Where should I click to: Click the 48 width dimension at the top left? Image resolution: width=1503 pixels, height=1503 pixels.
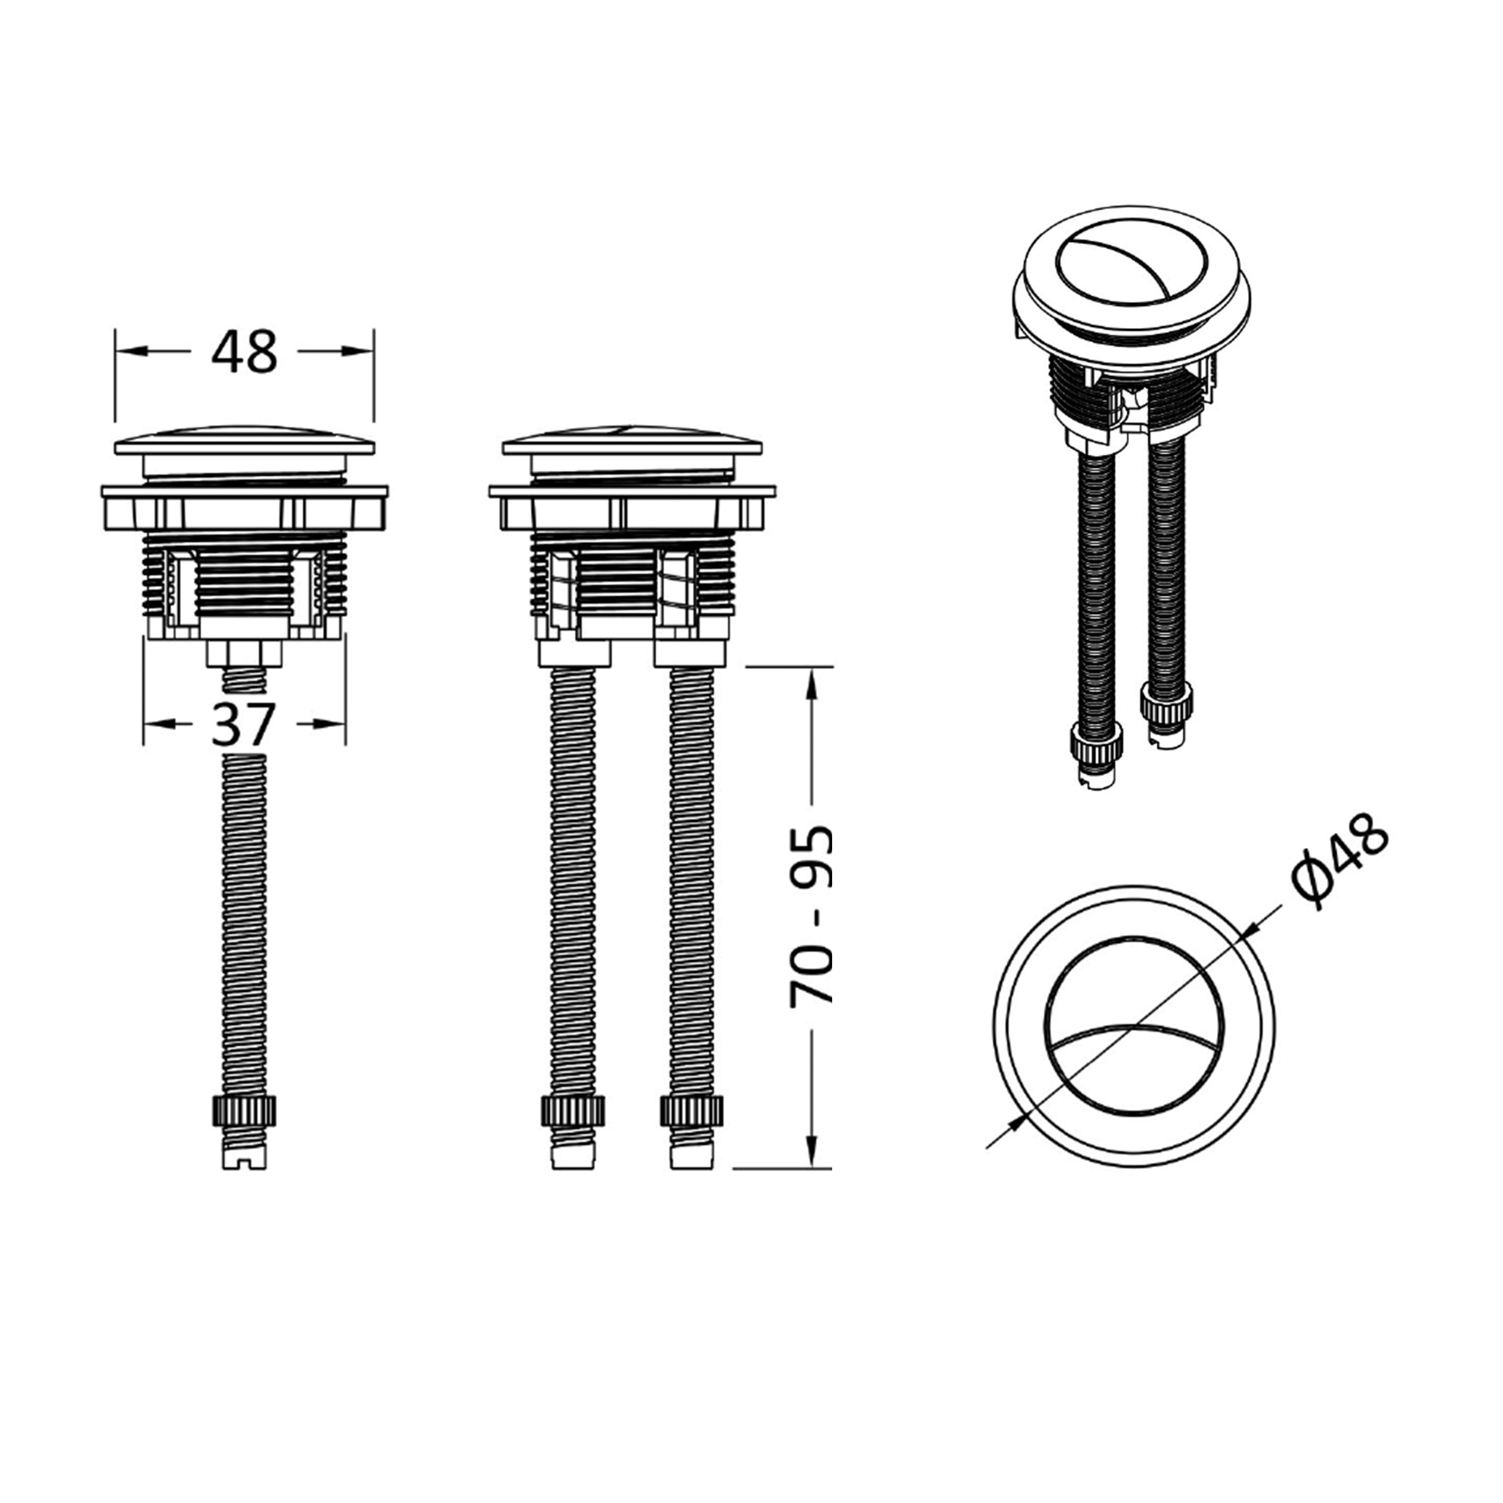coord(243,352)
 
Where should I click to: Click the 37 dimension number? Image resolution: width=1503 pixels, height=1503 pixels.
coord(243,724)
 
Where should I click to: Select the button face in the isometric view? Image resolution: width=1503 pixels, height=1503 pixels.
coord(1132,265)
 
